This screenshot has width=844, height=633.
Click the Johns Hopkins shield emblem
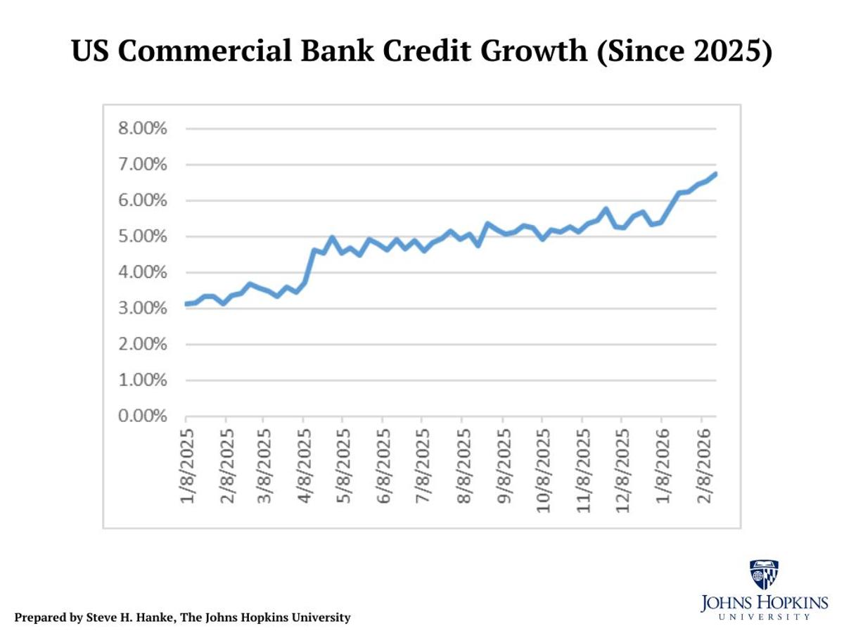point(764,575)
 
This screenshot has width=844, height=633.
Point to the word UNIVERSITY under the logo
point(765,616)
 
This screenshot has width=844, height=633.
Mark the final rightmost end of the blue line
point(715,174)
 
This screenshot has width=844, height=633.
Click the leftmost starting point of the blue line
point(186,304)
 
